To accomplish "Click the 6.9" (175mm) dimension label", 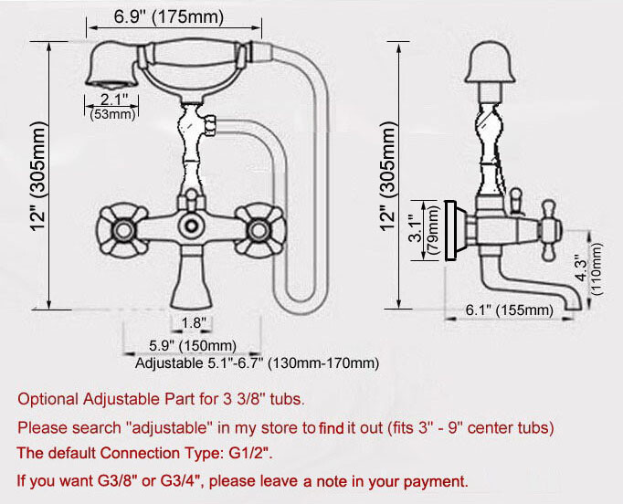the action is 172,17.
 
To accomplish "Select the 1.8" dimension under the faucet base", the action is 194,322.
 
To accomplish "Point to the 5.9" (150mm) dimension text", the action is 193,345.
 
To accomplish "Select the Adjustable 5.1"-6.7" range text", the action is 257,363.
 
